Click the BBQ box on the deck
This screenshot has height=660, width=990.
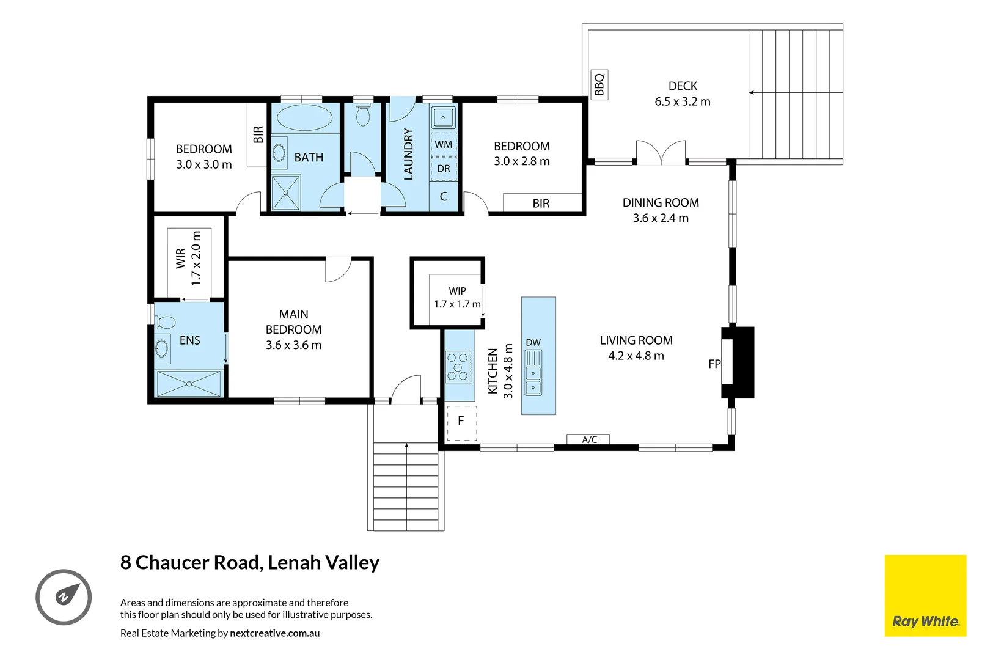599,84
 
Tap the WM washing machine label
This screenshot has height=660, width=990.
444,144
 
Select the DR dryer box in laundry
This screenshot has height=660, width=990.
444,169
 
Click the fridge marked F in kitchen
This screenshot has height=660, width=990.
461,422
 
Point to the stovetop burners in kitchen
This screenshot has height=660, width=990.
458,367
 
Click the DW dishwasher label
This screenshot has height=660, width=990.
533,343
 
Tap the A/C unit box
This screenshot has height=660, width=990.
588,439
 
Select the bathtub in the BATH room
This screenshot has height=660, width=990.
305,117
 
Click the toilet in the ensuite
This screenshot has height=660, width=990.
165,321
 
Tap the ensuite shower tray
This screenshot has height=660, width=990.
189,384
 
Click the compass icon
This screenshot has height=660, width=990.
64,597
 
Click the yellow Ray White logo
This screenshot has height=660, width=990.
925,596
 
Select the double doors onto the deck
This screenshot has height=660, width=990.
661,153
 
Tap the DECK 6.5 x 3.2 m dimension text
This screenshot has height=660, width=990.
683,102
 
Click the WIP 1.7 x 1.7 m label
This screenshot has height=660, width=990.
457,298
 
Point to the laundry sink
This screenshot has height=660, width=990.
443,117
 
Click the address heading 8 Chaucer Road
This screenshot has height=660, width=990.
250,562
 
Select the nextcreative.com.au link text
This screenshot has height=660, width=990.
274,633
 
